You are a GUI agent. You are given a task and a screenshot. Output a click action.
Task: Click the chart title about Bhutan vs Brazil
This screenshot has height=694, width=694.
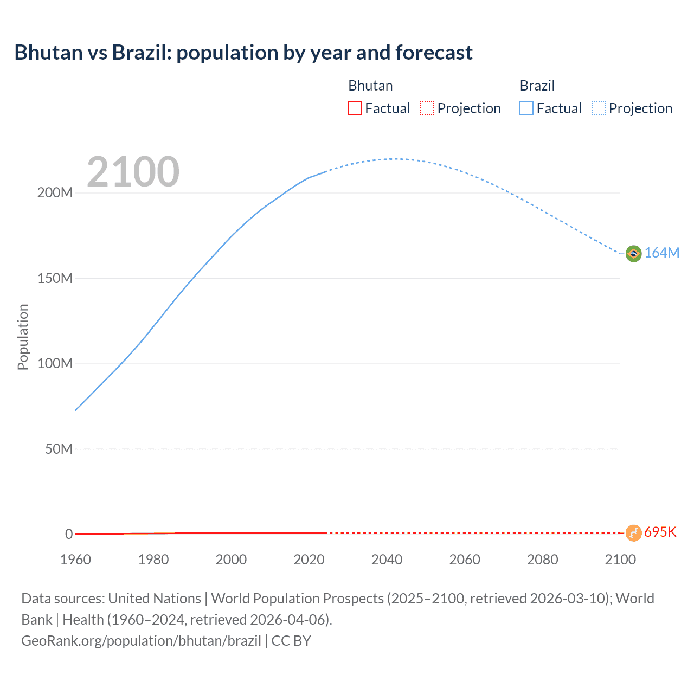click(x=243, y=53)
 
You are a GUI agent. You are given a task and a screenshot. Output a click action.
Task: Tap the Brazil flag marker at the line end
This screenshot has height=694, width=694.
click(x=633, y=253)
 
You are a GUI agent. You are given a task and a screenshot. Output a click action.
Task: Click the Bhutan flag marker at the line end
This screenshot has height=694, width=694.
click(x=633, y=532)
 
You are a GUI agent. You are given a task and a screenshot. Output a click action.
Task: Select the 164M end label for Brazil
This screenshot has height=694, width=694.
click(x=661, y=253)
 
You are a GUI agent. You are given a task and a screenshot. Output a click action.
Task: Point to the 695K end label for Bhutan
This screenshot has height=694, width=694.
click(x=660, y=532)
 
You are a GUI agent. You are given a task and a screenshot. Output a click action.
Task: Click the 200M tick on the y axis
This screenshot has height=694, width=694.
click(x=55, y=193)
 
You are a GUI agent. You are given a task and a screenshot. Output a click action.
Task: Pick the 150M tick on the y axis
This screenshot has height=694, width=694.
click(x=55, y=279)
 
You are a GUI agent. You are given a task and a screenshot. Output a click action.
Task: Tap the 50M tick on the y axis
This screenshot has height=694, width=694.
click(x=59, y=449)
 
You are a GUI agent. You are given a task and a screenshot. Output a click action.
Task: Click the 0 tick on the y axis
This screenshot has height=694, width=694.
click(x=69, y=535)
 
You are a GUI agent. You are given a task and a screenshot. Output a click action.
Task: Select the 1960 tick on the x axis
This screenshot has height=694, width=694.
click(x=75, y=560)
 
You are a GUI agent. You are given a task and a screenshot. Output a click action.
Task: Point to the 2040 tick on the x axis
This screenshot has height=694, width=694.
click(x=387, y=560)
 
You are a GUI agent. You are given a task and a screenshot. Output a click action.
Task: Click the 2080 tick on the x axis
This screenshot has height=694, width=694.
click(x=542, y=560)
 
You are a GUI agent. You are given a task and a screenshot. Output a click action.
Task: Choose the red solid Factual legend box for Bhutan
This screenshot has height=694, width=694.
click(x=355, y=108)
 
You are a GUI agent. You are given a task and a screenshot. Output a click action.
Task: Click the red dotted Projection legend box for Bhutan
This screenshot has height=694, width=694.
click(x=427, y=108)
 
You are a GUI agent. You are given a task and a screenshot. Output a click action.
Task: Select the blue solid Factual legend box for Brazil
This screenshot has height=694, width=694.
click(x=526, y=108)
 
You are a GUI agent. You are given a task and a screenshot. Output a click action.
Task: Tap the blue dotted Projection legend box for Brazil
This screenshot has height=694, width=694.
click(x=599, y=108)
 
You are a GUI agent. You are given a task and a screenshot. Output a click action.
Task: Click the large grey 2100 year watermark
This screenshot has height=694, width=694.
click(x=133, y=172)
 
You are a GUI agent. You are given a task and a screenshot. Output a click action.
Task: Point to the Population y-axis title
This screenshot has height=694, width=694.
click(x=23, y=337)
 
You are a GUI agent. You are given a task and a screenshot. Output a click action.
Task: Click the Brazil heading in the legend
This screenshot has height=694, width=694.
click(x=537, y=86)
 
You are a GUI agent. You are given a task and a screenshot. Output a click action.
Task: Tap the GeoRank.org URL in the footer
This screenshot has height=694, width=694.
click(x=141, y=641)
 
